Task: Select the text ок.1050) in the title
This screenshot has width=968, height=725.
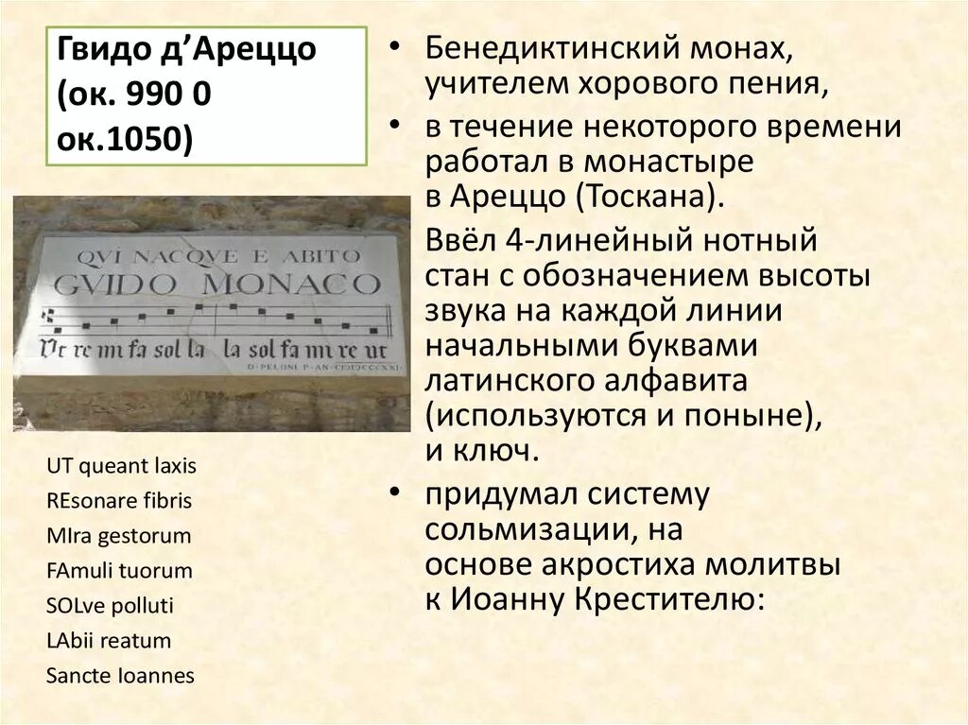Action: tap(124, 141)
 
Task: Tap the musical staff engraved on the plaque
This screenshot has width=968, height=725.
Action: tap(217, 319)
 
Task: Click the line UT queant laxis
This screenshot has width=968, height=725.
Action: tap(121, 465)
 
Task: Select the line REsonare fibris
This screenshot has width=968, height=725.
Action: tap(118, 500)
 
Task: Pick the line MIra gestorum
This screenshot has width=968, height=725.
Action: tap(118, 536)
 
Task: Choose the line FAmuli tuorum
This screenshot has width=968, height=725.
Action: tap(118, 571)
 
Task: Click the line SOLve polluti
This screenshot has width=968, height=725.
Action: tap(110, 606)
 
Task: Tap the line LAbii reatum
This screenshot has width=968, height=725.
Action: tap(108, 641)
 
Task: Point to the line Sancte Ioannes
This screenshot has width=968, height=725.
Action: tap(119, 676)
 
